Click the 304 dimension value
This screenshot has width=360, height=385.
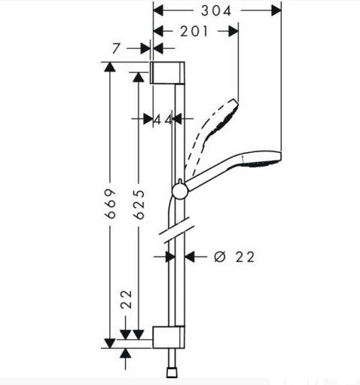(x=217, y=10)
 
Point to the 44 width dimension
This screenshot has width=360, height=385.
(x=161, y=119)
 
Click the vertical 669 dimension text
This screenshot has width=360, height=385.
(x=110, y=202)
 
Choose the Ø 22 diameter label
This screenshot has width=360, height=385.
(x=234, y=257)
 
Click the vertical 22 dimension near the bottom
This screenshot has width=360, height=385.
(x=127, y=300)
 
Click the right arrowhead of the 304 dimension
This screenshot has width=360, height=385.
(x=276, y=11)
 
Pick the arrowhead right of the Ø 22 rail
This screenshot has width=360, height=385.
(x=191, y=256)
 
